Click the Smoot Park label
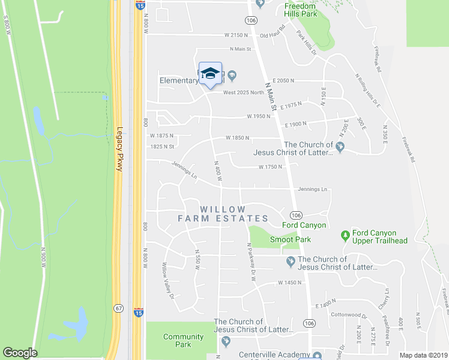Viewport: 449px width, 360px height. click(x=290, y=239)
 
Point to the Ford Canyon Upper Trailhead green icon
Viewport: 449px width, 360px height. click(x=345, y=233)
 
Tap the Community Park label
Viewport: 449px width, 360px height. click(x=183, y=341)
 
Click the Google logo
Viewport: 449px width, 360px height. click(x=20, y=353)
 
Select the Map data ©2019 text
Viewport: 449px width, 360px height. click(x=423, y=355)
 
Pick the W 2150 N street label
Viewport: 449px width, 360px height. click(x=236, y=35)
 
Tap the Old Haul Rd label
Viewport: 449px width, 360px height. click(x=273, y=35)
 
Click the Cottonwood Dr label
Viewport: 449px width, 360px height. click(x=349, y=315)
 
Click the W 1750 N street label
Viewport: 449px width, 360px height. click(x=270, y=167)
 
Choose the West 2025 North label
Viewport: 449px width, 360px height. click(x=244, y=92)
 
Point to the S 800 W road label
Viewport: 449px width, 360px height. click(x=7, y=28)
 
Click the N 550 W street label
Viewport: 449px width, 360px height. click(x=196, y=260)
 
